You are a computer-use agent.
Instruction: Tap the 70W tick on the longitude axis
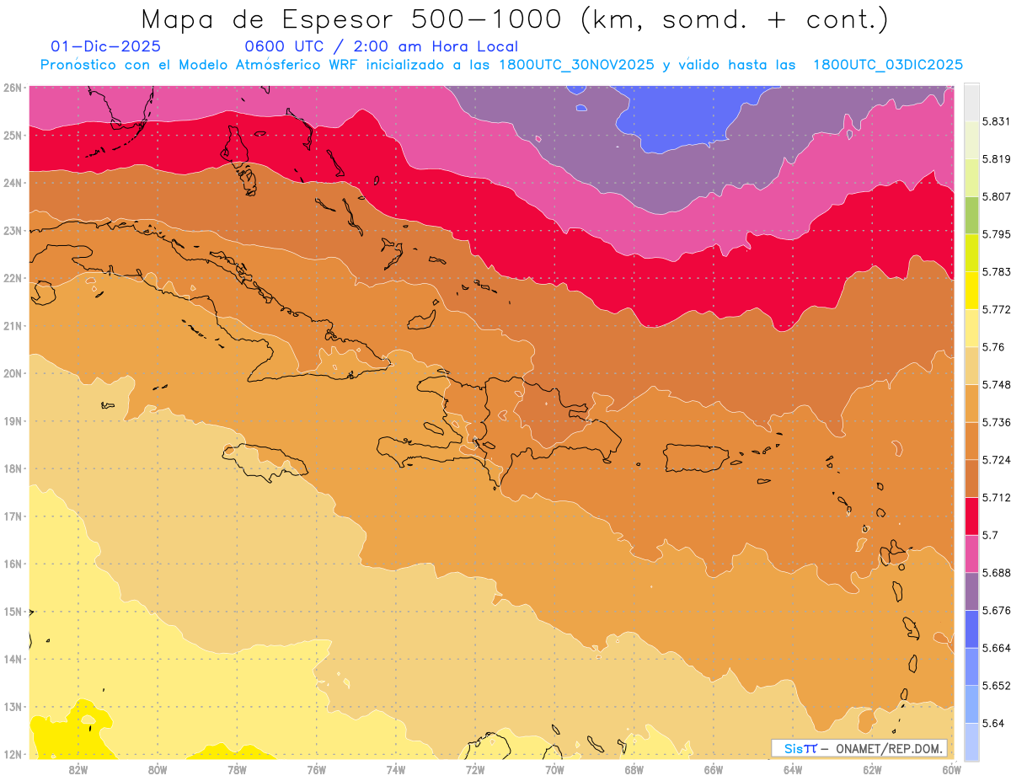(554, 769)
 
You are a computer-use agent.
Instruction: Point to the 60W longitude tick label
(952, 769)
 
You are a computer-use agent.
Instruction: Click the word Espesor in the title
(313, 19)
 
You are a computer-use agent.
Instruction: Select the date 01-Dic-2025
(105, 46)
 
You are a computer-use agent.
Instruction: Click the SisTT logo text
(800, 749)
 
